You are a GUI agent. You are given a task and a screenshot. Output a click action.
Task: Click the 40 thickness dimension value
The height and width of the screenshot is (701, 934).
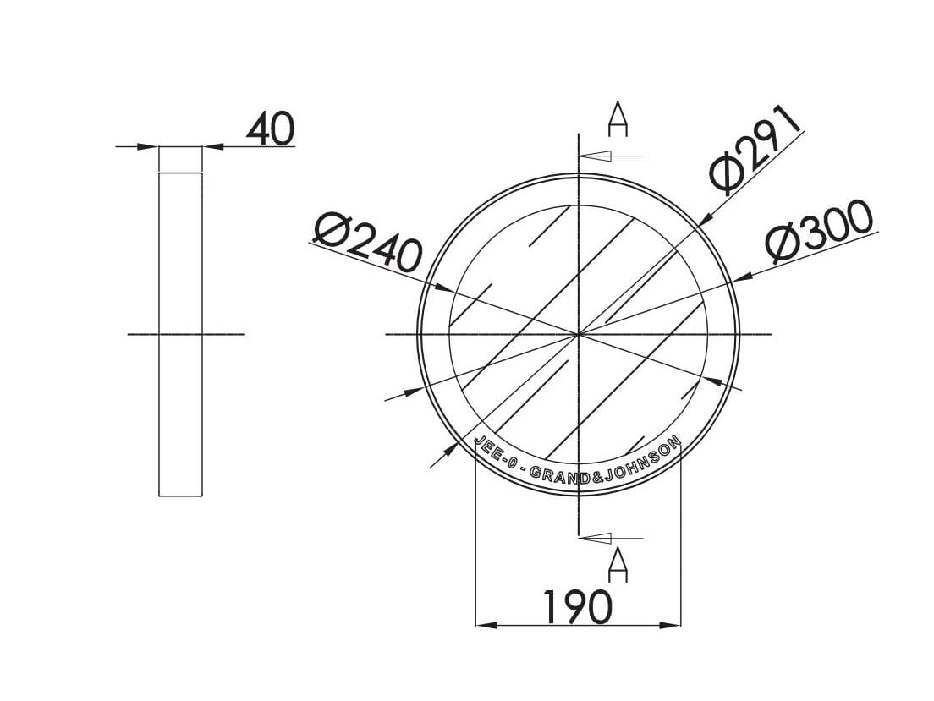(271, 129)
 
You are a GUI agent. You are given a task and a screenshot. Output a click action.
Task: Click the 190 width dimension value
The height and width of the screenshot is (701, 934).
(577, 607)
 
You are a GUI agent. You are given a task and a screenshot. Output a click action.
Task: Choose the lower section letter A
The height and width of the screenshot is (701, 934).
(618, 565)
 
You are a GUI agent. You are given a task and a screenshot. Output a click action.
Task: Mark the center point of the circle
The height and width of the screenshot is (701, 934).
(578, 335)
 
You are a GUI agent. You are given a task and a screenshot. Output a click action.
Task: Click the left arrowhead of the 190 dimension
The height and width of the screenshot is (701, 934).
(486, 625)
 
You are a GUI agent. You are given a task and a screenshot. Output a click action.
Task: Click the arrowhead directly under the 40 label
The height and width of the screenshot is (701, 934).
(212, 146)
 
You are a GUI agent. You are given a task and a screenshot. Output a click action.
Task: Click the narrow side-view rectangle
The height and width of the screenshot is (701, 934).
(180, 334)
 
